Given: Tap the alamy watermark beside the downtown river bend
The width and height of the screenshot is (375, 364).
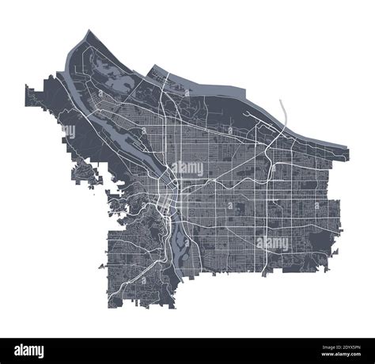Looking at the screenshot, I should point(187,168).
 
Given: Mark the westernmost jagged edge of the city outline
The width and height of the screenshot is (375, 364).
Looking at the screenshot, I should point(27,95).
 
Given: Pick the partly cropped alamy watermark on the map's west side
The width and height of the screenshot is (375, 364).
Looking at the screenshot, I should point(69,131).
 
